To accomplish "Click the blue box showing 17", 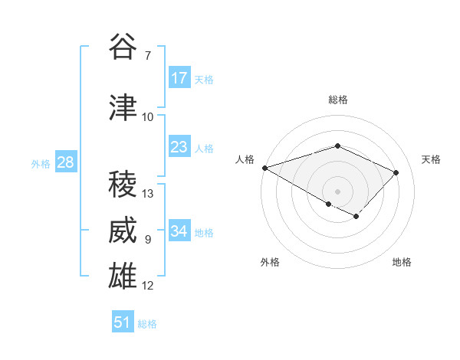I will pyautogui.click(x=179, y=78).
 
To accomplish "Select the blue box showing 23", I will pyautogui.click(x=179, y=147).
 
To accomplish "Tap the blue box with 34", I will pyautogui.click(x=179, y=231).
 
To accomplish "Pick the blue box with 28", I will pyautogui.click(x=64, y=162).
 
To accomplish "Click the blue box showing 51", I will pyautogui.click(x=123, y=322).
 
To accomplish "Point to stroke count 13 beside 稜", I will pyautogui.click(x=149, y=194).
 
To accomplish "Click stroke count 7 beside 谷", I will pyautogui.click(x=147, y=55).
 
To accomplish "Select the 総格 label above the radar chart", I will pyautogui.click(x=337, y=100).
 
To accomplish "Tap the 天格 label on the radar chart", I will pyautogui.click(x=432, y=159).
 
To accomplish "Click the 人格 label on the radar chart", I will pyautogui.click(x=245, y=159).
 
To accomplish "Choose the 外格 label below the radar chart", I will pyautogui.click(x=270, y=262).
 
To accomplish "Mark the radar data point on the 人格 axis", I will pyautogui.click(x=264, y=167).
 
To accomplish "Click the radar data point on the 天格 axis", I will pyautogui.click(x=396, y=172).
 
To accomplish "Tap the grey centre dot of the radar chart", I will pyautogui.click(x=337, y=191).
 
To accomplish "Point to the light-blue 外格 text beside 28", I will pyautogui.click(x=41, y=163).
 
